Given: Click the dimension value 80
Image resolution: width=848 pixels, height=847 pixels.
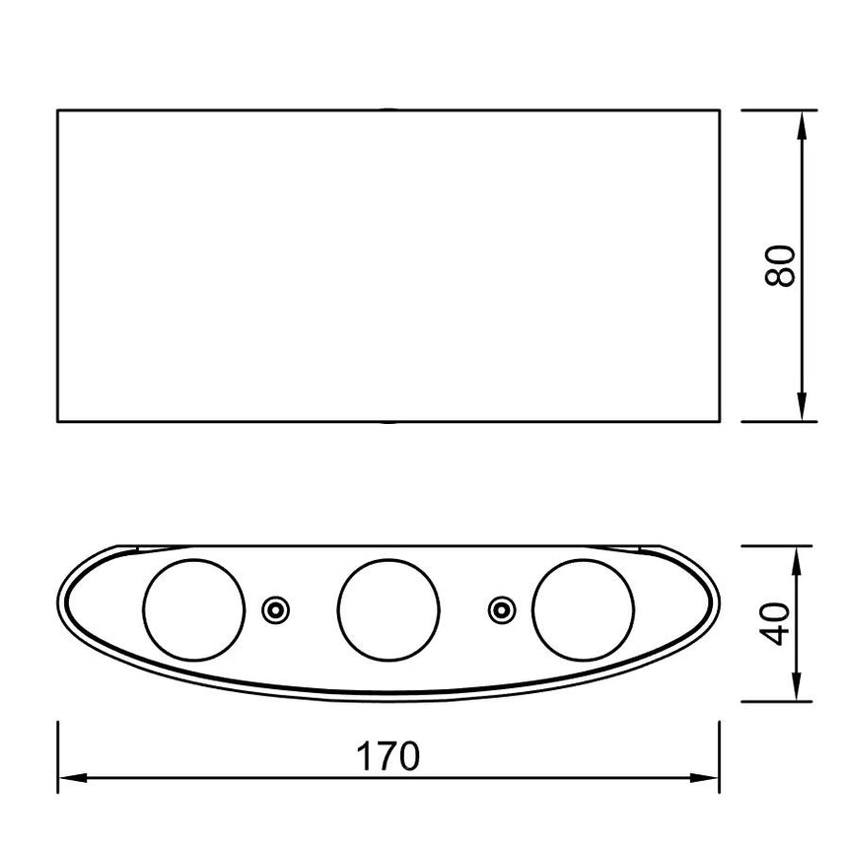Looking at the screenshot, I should pos(781,265).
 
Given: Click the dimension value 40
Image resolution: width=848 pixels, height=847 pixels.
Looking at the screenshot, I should pos(781,622).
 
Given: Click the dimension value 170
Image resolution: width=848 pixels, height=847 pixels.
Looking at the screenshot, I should pos(388,756).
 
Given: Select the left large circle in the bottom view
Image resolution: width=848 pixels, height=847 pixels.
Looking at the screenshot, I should pos(193,609).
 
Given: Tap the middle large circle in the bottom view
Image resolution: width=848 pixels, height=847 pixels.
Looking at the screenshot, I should pos(388,609).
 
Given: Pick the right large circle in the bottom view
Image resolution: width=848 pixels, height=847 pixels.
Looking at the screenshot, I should pos(583,609).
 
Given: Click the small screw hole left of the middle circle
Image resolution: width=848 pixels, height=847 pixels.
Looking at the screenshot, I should pos(275,610).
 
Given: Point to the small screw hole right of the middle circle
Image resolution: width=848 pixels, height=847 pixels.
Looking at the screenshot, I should pos(502,610).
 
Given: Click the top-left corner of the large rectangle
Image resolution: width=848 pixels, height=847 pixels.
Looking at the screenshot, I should pos(57,109).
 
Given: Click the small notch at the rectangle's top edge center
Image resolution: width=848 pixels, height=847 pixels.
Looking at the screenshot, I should pos(389,108).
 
